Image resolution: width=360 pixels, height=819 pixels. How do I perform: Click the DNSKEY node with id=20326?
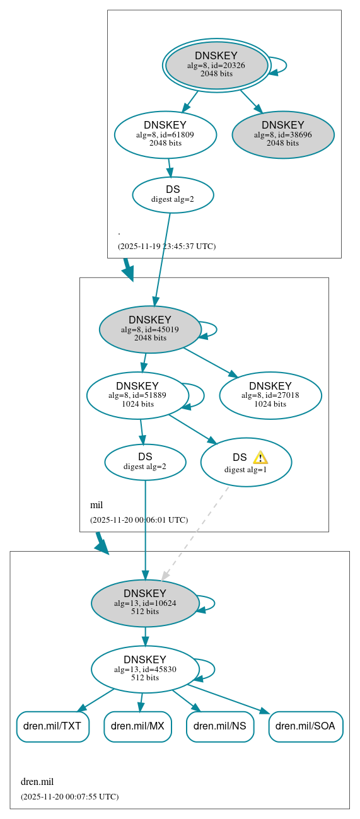pyautogui.click(x=216, y=65)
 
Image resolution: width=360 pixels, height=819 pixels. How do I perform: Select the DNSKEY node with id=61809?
pyautogui.click(x=165, y=134)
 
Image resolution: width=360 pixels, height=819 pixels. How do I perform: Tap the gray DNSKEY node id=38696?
pyautogui.click(x=283, y=134)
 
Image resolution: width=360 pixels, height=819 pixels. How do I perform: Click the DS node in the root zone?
pyautogui.click(x=173, y=194)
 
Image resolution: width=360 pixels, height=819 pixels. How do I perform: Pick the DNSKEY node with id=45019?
pyautogui.click(x=150, y=329)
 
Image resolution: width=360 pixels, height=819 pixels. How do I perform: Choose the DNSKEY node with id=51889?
pyautogui.click(x=137, y=395)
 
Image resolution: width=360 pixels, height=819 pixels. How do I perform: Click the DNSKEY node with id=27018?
pyautogui.click(x=270, y=395)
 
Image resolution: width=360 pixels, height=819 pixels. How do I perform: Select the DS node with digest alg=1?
pyautogui.click(x=246, y=462)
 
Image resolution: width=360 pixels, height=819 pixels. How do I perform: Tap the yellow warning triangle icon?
pyautogui.click(x=260, y=458)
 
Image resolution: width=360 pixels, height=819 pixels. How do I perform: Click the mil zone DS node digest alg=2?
pyautogui.click(x=145, y=462)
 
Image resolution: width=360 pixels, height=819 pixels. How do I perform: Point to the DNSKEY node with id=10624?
pyautogui.click(x=145, y=603)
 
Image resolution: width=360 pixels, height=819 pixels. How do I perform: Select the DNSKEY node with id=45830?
pyautogui.click(x=145, y=669)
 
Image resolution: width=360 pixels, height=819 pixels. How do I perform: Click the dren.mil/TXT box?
pyautogui.click(x=52, y=726)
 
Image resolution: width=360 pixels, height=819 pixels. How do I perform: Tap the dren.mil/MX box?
pyautogui.click(x=137, y=726)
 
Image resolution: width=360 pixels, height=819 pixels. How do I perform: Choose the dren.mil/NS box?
pyautogui.click(x=219, y=726)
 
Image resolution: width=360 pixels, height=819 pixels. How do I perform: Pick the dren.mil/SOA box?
pyautogui.click(x=306, y=726)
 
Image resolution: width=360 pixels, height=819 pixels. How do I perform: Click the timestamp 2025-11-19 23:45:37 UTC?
pyautogui.click(x=166, y=246)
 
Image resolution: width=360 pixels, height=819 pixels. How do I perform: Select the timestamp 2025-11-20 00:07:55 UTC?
pyautogui.click(x=69, y=796)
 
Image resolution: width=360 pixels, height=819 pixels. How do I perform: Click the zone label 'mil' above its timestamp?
pyautogui.click(x=96, y=505)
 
